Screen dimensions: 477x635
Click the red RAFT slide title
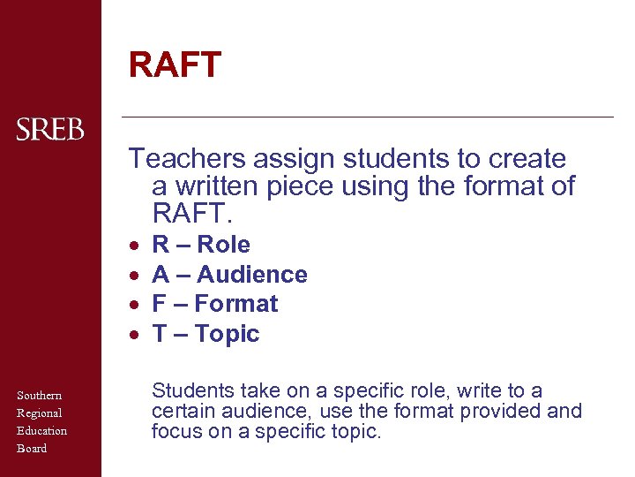(175, 64)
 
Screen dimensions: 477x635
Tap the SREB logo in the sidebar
(50, 130)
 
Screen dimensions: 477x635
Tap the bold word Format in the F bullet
(236, 304)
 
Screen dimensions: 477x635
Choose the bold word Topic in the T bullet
(228, 334)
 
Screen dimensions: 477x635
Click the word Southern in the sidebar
(39, 395)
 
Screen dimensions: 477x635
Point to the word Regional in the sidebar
(39, 413)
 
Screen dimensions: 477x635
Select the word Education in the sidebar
(41, 430)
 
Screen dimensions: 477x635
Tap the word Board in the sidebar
(32, 448)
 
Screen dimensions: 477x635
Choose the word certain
(180, 411)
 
